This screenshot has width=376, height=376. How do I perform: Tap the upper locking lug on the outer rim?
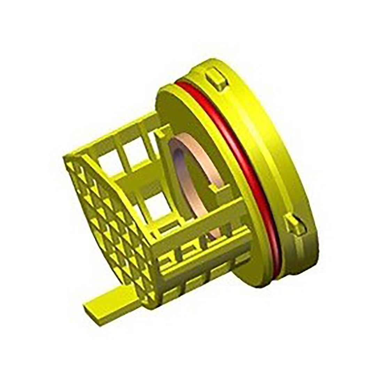216,78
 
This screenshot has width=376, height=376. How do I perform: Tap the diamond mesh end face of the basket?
108,223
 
